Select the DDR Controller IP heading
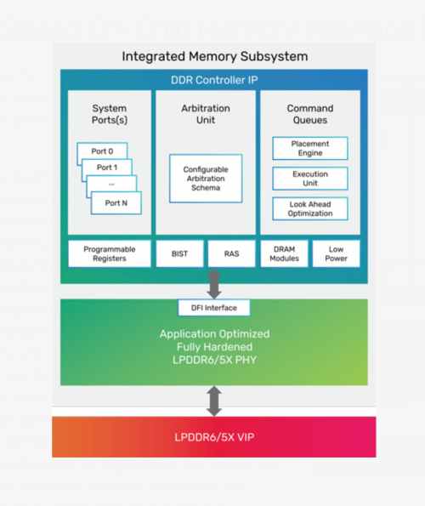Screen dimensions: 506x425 pos(213,81)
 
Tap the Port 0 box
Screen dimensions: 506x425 pos(101,151)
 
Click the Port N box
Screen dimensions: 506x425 pos(116,203)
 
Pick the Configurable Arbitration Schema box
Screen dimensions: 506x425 pos(205,178)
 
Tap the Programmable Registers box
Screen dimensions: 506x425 pos(109,253)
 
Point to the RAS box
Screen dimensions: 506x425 pos(231,253)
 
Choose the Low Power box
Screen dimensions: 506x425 pos(336,253)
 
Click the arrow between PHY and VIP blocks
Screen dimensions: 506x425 pos(213,399)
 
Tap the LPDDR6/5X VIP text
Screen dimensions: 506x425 pos(213,438)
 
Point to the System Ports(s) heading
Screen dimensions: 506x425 pos(109,114)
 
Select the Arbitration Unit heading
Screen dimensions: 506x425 pos(205,114)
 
